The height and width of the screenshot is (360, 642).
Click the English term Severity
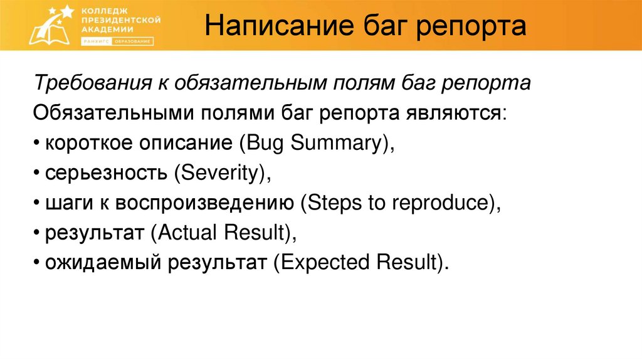[220, 173]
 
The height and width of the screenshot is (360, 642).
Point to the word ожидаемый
[101, 263]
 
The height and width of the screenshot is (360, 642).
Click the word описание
[182, 144]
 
